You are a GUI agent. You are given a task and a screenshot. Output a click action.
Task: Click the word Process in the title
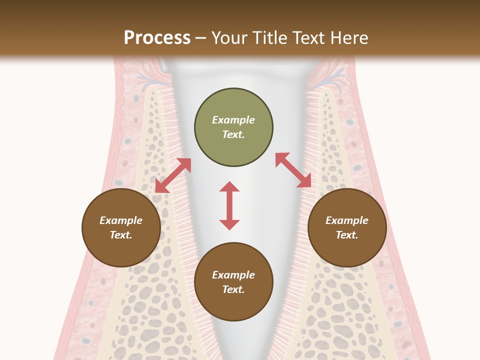pos(157,38)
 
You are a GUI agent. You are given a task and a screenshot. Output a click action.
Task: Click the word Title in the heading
pos(269,38)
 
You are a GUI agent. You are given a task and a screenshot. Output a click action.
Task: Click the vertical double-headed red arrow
pos(229,205)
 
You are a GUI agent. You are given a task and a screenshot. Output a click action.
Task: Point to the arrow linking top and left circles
pos(173,175)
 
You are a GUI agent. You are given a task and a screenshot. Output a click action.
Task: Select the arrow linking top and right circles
pos(293,170)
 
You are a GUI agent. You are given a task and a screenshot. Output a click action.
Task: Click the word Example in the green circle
pos(233,120)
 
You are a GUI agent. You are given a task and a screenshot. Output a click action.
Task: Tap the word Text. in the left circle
pos(121,235)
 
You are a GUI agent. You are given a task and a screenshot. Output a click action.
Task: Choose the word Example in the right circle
pos(347,220)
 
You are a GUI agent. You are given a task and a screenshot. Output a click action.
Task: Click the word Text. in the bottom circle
pos(233,289)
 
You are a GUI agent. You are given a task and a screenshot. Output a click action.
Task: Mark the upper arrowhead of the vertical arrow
pos(229,187)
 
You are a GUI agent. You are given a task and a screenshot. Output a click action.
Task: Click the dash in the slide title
pos(201,38)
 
